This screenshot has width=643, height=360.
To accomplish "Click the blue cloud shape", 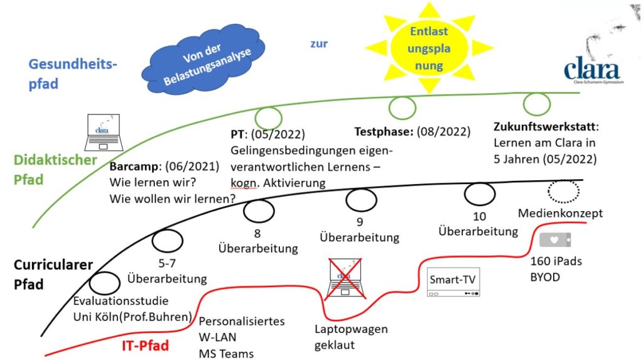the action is [x=203, y=61].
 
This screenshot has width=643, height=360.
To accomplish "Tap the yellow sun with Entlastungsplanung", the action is [x=429, y=48].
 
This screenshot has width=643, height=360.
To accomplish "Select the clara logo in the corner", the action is [x=593, y=70].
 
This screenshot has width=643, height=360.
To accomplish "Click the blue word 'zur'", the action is [x=318, y=43].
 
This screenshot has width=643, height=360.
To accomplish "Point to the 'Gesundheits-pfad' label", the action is [x=73, y=74].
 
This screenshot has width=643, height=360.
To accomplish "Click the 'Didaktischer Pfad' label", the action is [x=55, y=170].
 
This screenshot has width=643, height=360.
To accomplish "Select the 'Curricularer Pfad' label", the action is [x=53, y=274].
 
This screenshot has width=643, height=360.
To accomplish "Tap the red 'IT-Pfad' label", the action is [x=145, y=345].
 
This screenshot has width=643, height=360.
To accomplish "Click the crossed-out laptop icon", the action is [x=345, y=279].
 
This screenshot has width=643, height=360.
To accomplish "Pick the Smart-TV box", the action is [x=453, y=282].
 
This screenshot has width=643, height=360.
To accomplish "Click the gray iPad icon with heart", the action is [x=555, y=240].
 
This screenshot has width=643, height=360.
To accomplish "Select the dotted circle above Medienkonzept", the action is [x=563, y=191].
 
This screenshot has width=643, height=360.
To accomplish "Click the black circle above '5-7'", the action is [x=167, y=241].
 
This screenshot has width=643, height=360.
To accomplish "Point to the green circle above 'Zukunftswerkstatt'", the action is [x=536, y=104].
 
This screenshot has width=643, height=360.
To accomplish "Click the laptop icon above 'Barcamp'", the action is [x=104, y=133].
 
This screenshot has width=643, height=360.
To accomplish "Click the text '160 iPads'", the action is [x=556, y=261].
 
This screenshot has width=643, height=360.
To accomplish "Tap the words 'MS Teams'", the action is [x=226, y=354].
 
